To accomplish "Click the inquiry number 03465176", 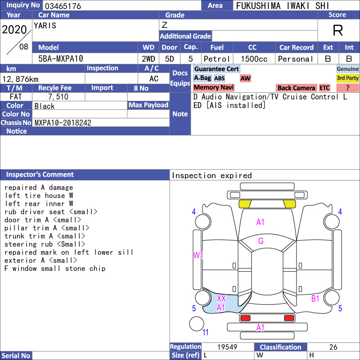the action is (63, 6).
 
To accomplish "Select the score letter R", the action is (338, 30).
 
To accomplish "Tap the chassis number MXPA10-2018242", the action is (63, 123).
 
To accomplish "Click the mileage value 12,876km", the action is (20, 79).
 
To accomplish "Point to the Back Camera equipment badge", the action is (296, 88).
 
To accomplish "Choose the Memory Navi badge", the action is (213, 87).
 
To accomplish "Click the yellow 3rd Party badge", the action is (347, 78).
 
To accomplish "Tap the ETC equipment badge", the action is (324, 88).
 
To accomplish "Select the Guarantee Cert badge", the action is (216, 69).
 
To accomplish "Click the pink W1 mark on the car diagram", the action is (198, 255).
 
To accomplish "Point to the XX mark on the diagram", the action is (221, 298).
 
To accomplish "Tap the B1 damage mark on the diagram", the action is (315, 298).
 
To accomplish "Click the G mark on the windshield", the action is (261, 241).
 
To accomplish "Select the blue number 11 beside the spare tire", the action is (205, 332).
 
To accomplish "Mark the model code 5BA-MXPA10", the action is (61, 59).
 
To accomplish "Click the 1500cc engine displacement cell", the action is (254, 59).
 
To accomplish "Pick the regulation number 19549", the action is (227, 347).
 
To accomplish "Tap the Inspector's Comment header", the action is (40, 175).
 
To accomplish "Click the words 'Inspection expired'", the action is (211, 175).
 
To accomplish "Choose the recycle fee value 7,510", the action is (58, 97).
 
